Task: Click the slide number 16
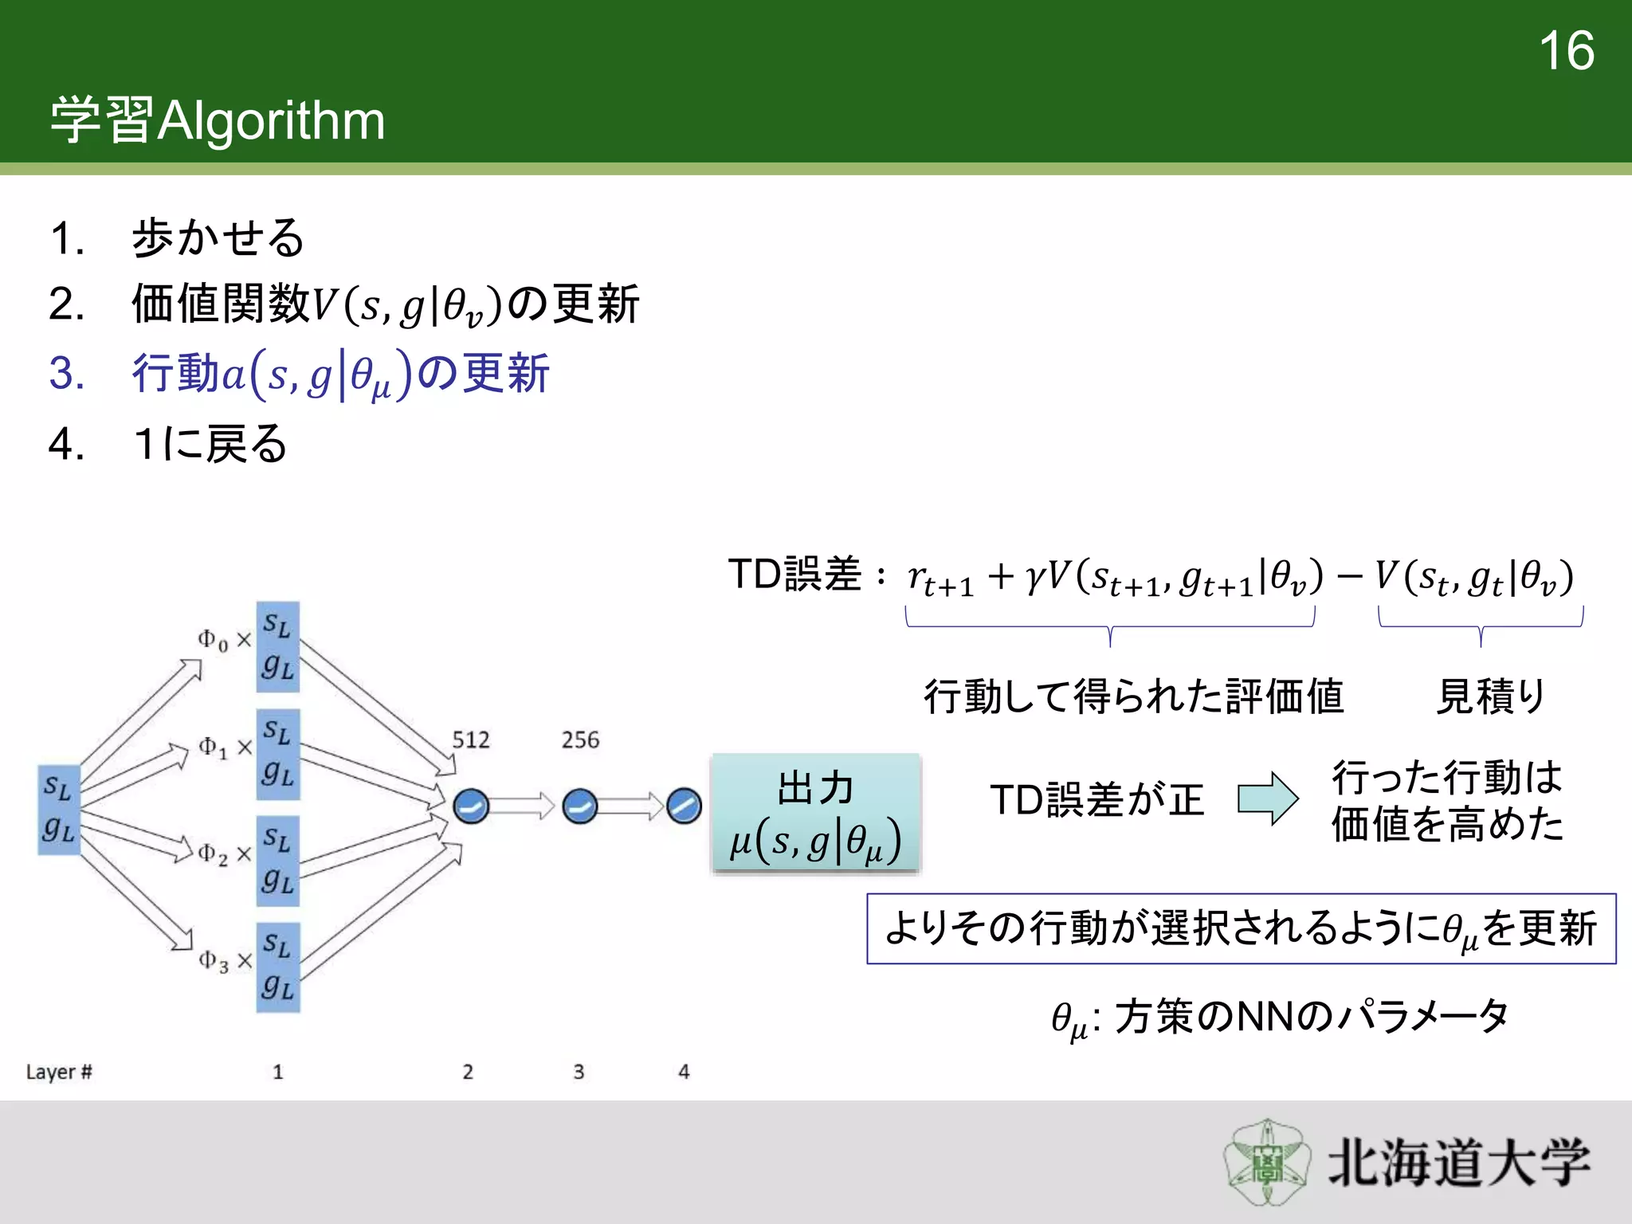[x=1566, y=51]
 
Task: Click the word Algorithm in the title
[x=271, y=121]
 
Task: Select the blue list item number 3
[x=67, y=373]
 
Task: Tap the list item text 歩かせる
[x=218, y=237]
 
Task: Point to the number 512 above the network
[x=471, y=739]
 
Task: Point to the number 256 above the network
[x=579, y=739]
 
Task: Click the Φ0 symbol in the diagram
[x=212, y=639]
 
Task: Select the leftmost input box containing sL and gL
[x=59, y=809]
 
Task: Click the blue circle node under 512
[x=471, y=806]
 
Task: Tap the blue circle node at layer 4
[x=683, y=806]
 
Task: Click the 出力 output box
[x=815, y=813]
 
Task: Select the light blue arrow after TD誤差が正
[x=1267, y=798]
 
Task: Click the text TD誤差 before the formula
[x=794, y=574]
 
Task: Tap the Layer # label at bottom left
[x=59, y=1072]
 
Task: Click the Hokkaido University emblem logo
[x=1267, y=1162]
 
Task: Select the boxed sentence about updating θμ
[x=1240, y=928]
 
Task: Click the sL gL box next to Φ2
[x=277, y=861]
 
